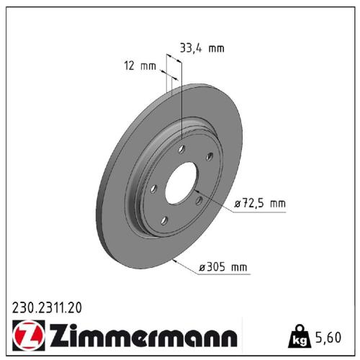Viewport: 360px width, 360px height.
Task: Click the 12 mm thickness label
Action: (x=140, y=66)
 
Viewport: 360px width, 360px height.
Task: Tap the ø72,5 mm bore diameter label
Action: (x=260, y=204)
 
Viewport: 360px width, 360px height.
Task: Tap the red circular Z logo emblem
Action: (x=24, y=336)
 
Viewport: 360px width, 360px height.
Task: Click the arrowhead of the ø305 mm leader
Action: (x=172, y=257)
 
